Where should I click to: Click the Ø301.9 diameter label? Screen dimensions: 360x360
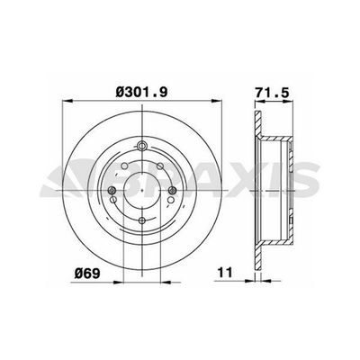tap(141, 92)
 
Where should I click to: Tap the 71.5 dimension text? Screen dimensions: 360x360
tap(273, 93)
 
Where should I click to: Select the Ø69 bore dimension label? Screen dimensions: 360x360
tap(87, 274)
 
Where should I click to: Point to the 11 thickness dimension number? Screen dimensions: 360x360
tap(225, 273)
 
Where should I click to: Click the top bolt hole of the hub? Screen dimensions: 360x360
tap(142, 146)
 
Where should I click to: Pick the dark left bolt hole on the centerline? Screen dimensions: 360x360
tap(112, 190)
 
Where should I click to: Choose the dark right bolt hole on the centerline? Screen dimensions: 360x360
tap(172, 190)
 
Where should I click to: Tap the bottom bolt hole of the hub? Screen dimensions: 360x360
tap(142, 220)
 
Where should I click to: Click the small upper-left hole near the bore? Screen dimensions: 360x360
tap(125, 166)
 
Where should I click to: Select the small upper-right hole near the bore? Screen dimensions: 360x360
tap(160, 166)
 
